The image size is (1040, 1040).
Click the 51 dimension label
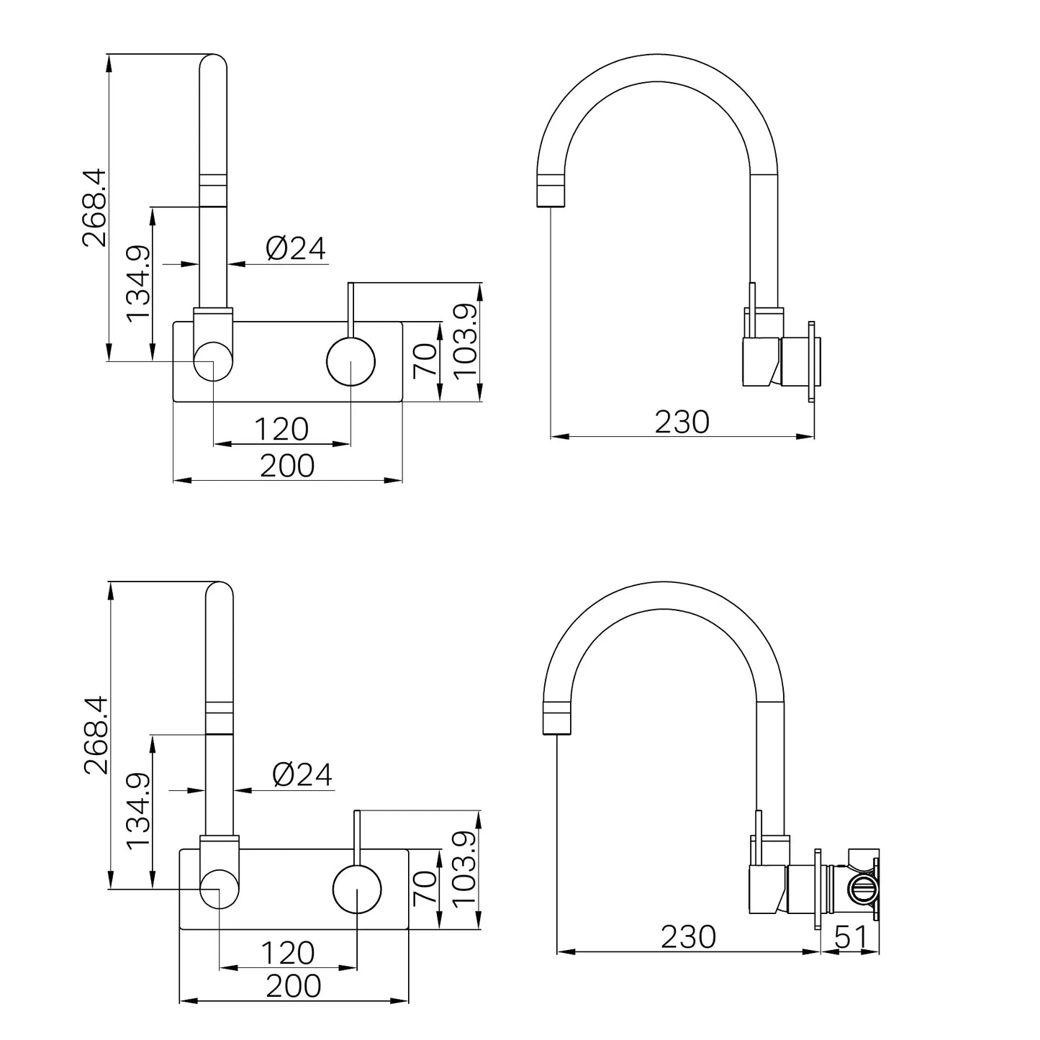click(851, 938)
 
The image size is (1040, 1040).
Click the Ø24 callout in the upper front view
click(296, 249)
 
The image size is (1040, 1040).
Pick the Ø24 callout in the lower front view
click(302, 775)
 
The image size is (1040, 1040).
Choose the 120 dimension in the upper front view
click(281, 430)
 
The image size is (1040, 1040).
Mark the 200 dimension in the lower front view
click(294, 986)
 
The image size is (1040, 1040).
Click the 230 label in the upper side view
click(682, 422)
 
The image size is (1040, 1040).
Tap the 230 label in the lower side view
click(689, 937)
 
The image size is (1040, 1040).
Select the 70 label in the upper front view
click(425, 361)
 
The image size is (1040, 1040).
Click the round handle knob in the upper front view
click(351, 361)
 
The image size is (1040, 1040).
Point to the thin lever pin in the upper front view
click(351, 309)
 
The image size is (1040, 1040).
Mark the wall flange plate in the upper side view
click(811, 361)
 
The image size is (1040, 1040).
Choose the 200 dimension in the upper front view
click(287, 465)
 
